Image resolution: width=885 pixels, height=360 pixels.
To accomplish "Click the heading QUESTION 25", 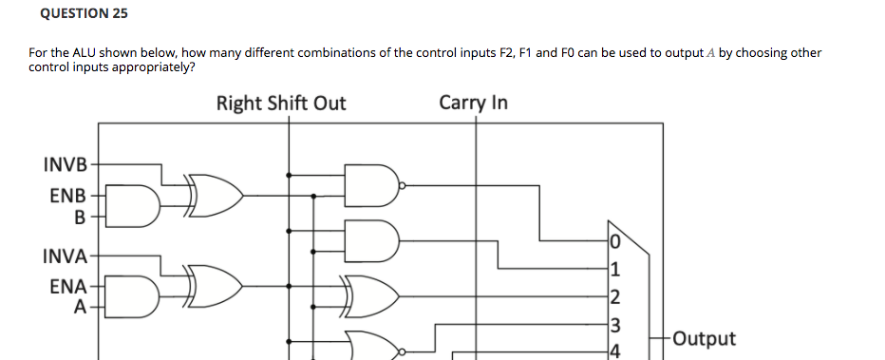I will click(85, 14).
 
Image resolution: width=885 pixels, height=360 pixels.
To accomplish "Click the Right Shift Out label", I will click(281, 103).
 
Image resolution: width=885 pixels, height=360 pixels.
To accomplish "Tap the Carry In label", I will click(473, 103).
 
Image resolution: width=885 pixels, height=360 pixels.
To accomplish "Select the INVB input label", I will click(65, 164).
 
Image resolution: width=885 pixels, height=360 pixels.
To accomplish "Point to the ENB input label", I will click(67, 196).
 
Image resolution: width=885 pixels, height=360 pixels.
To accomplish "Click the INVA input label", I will click(65, 256).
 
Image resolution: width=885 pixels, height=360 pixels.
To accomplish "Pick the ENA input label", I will click(67, 286).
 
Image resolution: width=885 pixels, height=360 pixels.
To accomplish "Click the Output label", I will click(703, 339).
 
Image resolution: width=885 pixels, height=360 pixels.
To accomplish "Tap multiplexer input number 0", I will click(616, 238).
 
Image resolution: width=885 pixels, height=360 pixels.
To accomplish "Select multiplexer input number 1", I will click(616, 267).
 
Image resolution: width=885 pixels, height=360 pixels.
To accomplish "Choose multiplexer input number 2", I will click(616, 296).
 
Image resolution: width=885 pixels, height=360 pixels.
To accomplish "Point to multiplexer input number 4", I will click(616, 351).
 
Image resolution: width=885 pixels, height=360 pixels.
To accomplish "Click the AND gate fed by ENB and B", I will click(139, 208).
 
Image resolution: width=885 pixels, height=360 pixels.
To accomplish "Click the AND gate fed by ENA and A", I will click(139, 297).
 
